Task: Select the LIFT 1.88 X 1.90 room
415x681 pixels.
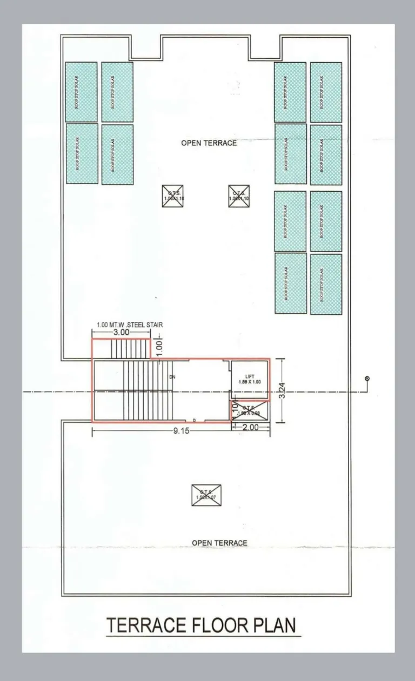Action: click(x=250, y=379)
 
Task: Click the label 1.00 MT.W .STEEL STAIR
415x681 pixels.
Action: click(x=130, y=325)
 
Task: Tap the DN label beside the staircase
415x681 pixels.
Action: click(x=172, y=376)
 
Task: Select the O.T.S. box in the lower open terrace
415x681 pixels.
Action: click(x=206, y=495)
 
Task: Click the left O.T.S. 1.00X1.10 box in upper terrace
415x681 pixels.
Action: click(x=173, y=196)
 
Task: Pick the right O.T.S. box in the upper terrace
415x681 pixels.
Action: click(x=239, y=196)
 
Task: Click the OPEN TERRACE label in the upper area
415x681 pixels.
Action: click(x=209, y=143)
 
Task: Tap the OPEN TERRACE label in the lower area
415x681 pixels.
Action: click(x=219, y=543)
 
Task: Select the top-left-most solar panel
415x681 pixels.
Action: click(x=81, y=92)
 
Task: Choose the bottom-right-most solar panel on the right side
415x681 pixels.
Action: click(x=326, y=284)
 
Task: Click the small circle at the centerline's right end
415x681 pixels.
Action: click(x=367, y=379)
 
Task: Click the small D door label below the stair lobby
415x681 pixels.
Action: click(x=194, y=420)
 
